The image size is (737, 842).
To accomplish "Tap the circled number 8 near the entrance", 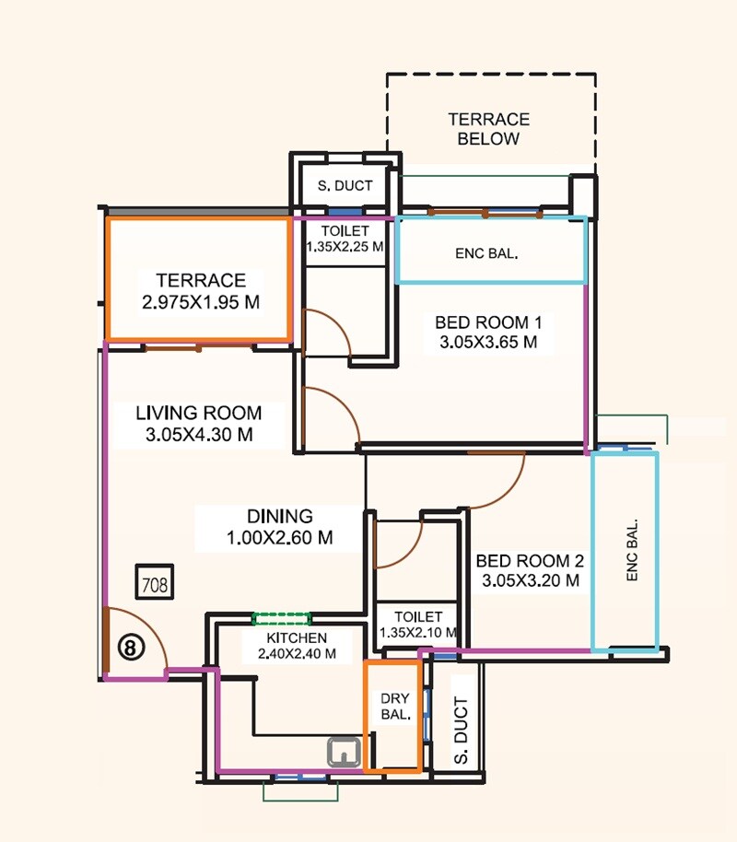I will [x=131, y=648].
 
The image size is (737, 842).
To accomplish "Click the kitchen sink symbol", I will [x=345, y=752].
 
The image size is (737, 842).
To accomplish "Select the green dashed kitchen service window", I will [x=282, y=619].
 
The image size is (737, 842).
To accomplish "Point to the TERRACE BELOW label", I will [x=488, y=129].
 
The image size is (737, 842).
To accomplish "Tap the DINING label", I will [x=279, y=516].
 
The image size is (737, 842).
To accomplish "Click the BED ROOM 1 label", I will [x=488, y=322].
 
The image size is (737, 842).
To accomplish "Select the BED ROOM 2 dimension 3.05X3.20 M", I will [x=530, y=580].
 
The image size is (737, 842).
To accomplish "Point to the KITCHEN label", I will [x=297, y=637].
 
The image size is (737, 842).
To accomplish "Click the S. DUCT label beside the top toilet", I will [x=345, y=185].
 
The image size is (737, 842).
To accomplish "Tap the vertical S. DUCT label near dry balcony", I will [x=461, y=731].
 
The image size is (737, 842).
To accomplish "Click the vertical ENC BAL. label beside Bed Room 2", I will [x=632, y=550].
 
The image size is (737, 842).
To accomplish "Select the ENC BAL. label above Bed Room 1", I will [x=486, y=254].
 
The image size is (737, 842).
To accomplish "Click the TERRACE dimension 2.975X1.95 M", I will [x=201, y=301].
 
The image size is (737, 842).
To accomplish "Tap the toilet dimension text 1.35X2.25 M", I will [x=345, y=247].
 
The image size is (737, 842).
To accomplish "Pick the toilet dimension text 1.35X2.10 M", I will [x=419, y=633].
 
